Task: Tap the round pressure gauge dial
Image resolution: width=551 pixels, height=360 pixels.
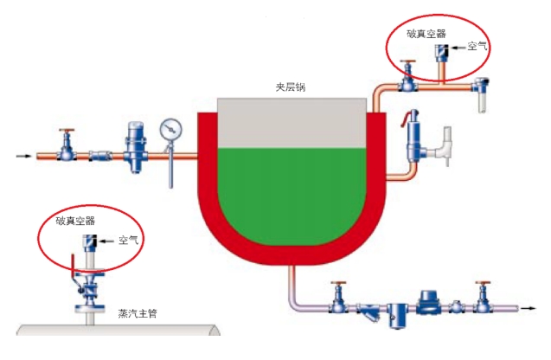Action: coord(171,129)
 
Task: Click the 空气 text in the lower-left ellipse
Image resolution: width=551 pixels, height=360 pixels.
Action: coord(128,239)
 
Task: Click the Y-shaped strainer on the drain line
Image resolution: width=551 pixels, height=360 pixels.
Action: coord(369,311)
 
